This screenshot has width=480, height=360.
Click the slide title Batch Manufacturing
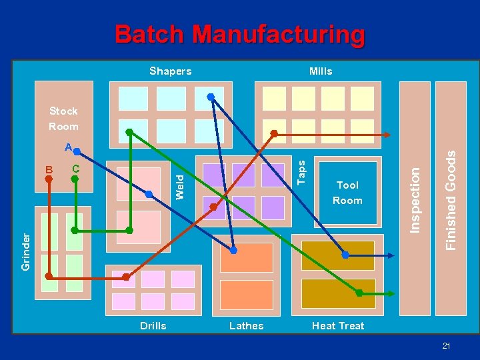point(240,34)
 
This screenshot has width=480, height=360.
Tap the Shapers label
point(170,71)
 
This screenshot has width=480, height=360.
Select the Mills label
point(321,71)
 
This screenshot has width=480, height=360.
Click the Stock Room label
point(63,119)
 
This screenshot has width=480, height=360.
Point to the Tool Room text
point(347,193)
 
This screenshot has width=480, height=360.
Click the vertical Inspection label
point(415,199)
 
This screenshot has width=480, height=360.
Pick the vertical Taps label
point(301,171)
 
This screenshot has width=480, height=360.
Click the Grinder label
point(25,251)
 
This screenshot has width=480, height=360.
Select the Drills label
point(153,326)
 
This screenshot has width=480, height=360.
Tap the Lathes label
point(246,326)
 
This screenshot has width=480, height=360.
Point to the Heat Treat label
point(338,326)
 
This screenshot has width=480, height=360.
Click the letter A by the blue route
point(68,147)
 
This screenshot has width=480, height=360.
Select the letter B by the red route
point(49,169)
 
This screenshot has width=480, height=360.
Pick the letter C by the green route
point(75,169)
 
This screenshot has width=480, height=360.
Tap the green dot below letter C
point(75,179)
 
